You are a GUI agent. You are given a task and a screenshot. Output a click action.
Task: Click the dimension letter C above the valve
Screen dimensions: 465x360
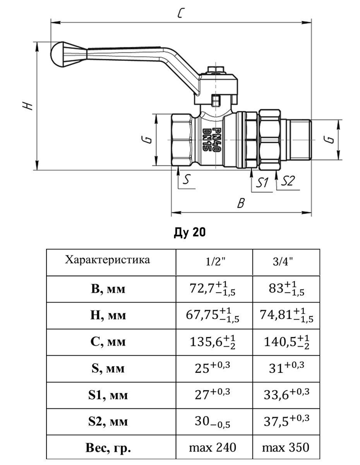pyautogui.click(x=180, y=14)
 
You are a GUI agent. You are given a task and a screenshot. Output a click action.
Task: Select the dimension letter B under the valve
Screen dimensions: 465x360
pyautogui.click(x=241, y=203)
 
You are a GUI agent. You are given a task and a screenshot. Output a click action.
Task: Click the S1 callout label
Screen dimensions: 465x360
pyautogui.click(x=263, y=182)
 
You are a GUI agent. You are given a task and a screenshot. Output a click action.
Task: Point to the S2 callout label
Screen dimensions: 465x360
pyautogui.click(x=288, y=181)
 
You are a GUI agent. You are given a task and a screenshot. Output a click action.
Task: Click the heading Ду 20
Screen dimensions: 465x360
pyautogui.click(x=189, y=232)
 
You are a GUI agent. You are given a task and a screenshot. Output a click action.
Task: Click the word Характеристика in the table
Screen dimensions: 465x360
pyautogui.click(x=107, y=259)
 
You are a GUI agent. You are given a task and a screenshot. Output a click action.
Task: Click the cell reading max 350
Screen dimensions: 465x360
pyautogui.click(x=286, y=448)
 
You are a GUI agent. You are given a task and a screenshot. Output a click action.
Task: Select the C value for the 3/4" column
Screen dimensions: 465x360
pyautogui.click(x=286, y=343)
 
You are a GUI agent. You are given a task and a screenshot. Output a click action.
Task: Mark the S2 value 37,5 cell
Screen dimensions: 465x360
pyautogui.click(x=286, y=422)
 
